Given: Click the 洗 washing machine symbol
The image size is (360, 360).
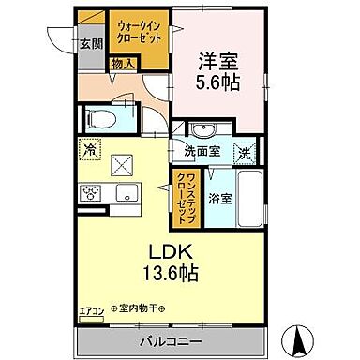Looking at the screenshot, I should pos(243,152).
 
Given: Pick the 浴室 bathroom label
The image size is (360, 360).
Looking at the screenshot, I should pos(220,200).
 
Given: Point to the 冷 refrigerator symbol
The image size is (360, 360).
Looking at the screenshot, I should pos(91,148).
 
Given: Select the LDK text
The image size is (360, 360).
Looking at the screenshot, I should pos(170,252).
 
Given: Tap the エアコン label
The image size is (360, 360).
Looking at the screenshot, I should pos(91,308).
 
